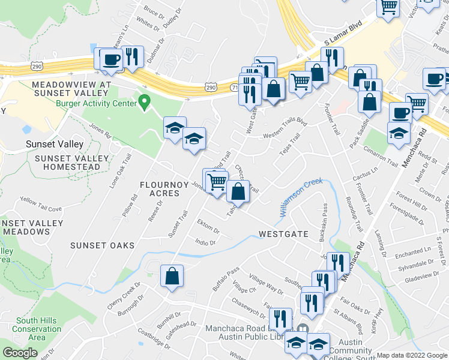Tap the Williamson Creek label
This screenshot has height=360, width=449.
(301, 197)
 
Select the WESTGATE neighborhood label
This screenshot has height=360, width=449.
(283, 234)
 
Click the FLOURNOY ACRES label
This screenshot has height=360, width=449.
(160, 188)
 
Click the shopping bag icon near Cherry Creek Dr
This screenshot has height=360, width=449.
(172, 276)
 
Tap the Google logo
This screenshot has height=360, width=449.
(20, 353)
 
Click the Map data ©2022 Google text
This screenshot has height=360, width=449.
(411, 355)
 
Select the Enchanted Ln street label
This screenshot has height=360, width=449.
(413, 251)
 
